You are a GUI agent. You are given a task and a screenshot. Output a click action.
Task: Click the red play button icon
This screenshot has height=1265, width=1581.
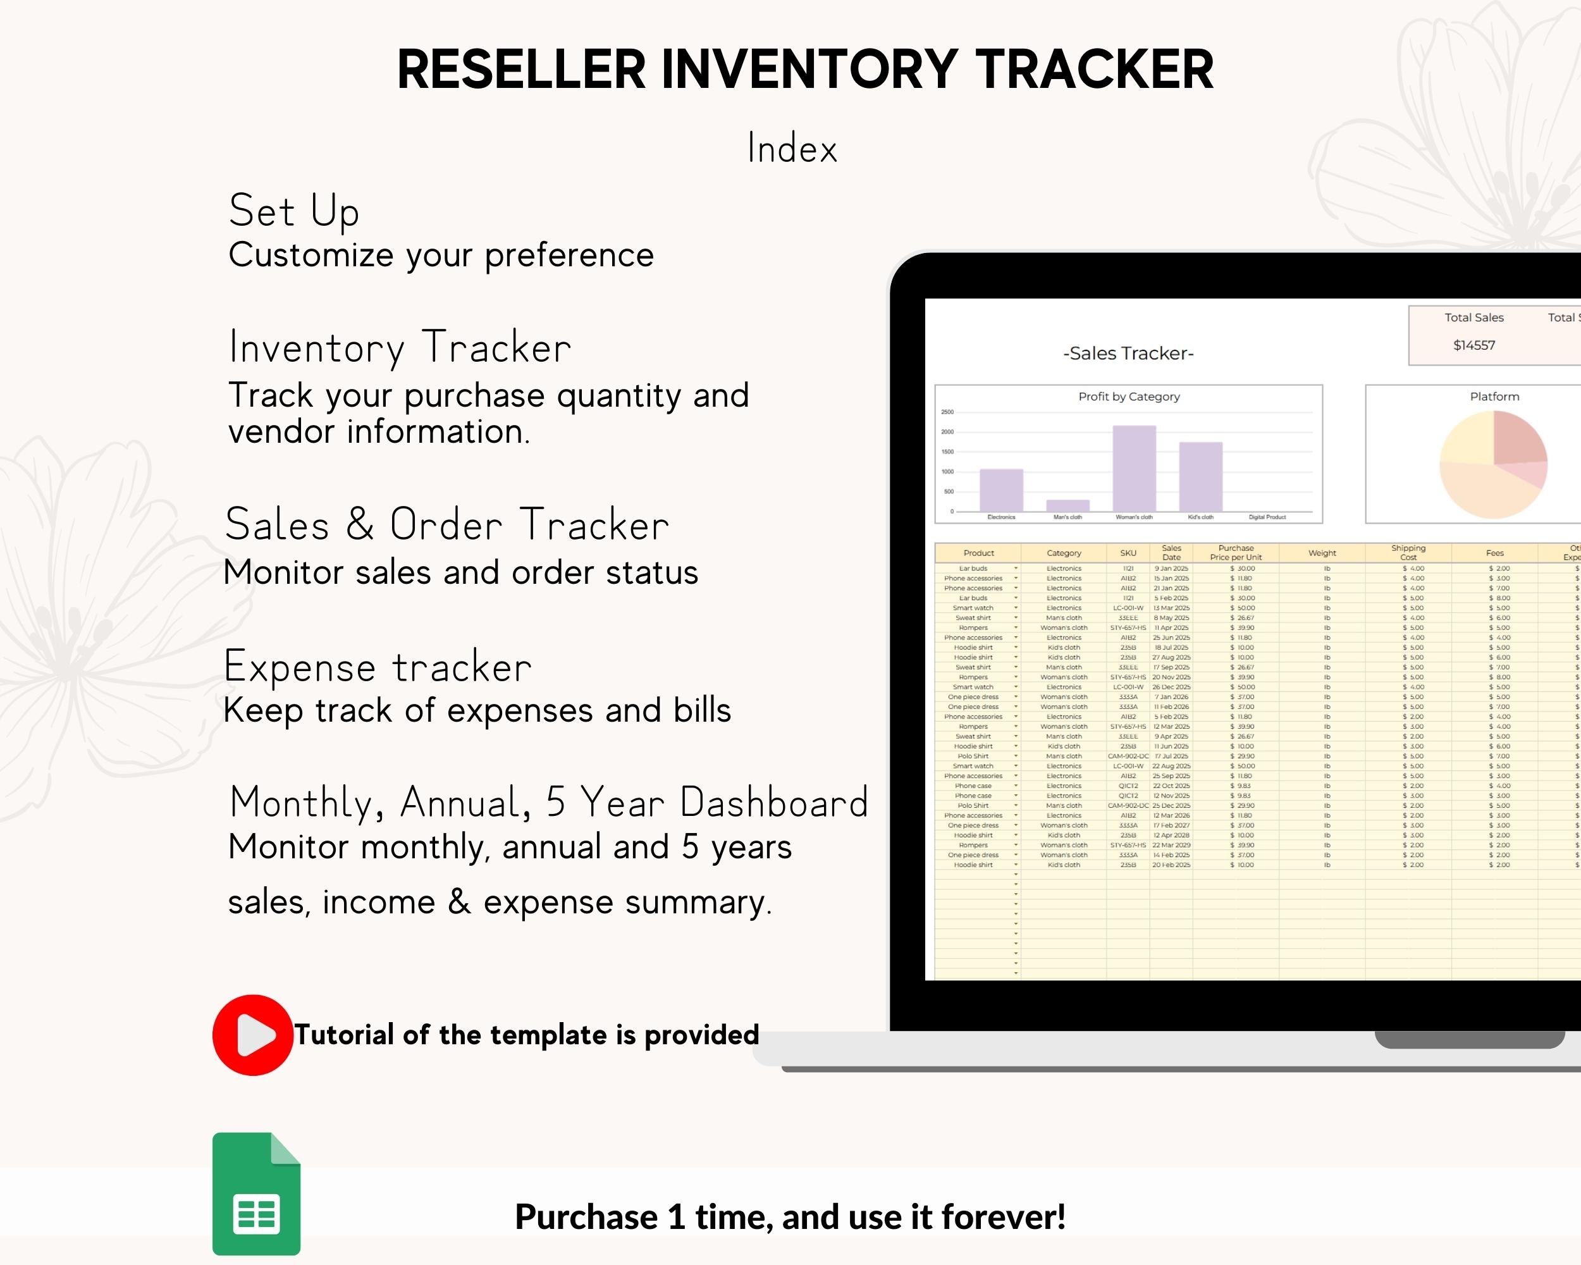pos(253,1035)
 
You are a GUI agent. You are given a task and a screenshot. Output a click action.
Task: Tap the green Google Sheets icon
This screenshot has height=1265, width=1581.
pos(256,1194)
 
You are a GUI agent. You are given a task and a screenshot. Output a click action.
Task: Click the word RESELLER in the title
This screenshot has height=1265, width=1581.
pos(520,70)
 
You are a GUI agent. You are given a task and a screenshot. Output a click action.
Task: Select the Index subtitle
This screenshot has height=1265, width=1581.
pos(792,148)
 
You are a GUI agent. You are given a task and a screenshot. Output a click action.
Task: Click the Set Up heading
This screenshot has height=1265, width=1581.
pos(294,211)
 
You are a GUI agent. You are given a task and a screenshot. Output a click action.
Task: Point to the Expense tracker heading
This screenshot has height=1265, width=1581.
pos(378,667)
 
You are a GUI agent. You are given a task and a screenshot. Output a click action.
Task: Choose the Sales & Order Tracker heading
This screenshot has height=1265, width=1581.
pos(446,525)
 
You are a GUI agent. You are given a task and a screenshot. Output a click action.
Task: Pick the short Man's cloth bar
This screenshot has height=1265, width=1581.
pos(1067,505)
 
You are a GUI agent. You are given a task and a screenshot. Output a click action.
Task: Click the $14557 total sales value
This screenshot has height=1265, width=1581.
pos(1474,345)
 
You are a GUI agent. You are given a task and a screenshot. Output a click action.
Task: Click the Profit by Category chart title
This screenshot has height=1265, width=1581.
pos(1129,397)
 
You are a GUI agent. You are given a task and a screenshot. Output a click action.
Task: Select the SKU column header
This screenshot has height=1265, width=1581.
pos(1128,553)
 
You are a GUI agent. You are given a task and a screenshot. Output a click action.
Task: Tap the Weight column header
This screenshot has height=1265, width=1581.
pos(1322,553)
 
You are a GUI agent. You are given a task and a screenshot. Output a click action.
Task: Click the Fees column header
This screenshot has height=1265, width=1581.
pos(1494,553)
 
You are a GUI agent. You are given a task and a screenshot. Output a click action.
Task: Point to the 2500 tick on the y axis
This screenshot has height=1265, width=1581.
pos(947,412)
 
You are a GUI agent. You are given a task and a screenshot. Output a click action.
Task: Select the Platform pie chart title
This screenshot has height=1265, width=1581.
pos(1494,397)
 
